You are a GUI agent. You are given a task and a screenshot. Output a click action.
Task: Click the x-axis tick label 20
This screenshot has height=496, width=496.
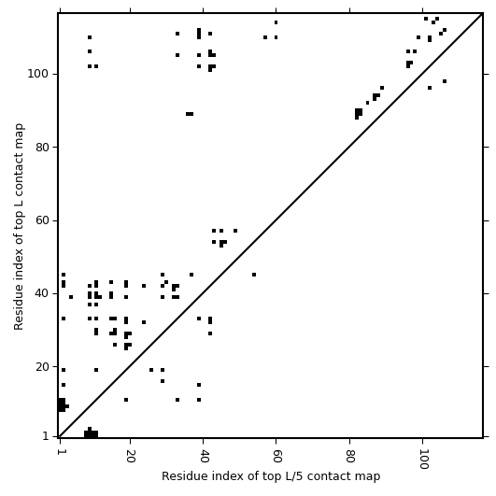pos(130,455)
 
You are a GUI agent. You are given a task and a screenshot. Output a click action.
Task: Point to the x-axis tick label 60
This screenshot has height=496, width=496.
pos(276,455)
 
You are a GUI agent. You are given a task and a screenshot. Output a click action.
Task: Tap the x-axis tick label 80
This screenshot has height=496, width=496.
pos(349,455)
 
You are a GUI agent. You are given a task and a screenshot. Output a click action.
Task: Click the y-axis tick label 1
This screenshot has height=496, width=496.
pos(46,436)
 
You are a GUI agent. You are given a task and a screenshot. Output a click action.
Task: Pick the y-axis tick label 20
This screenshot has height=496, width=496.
pos(42,367)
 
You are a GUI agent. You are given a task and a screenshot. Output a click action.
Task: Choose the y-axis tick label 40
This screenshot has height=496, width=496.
pos(42,293)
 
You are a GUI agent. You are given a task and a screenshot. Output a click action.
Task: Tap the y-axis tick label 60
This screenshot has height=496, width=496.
pos(42,220)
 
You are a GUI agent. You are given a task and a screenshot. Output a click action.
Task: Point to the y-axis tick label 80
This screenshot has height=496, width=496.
pos(42,147)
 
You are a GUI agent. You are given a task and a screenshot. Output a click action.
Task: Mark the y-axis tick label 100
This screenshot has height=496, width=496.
pos(38,74)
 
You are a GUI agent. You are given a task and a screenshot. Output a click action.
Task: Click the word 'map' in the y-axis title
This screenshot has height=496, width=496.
pos(20,134)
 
